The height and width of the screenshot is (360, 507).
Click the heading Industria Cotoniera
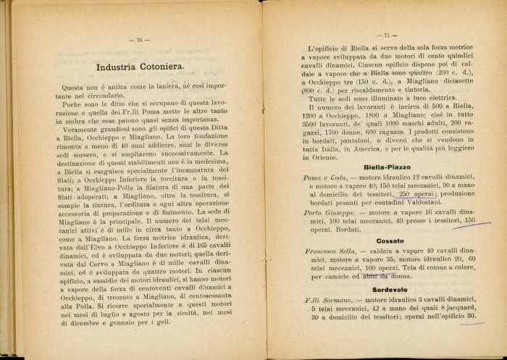[x=140, y=68]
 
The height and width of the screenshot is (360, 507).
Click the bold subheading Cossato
[x=390, y=240]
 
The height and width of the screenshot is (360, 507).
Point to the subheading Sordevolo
[x=390, y=288]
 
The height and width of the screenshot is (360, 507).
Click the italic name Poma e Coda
[x=325, y=177]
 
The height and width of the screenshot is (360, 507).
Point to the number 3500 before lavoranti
[x=312, y=124]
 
